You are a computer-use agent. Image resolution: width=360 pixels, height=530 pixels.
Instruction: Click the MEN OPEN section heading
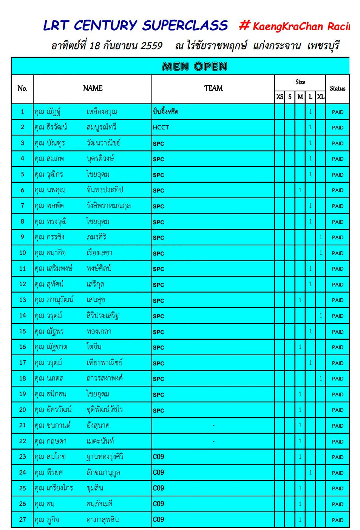(195, 66)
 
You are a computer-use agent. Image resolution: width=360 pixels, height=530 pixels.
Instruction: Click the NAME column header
(93, 88)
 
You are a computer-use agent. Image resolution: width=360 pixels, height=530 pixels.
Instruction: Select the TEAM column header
(213, 88)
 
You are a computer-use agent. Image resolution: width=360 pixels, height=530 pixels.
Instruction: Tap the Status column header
(337, 89)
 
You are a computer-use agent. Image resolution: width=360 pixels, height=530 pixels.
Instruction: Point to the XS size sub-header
(280, 97)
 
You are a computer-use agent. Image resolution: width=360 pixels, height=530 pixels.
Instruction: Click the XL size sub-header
(320, 97)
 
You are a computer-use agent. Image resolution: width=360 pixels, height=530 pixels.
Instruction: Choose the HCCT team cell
(161, 128)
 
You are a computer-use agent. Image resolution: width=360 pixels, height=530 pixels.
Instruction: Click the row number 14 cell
(22, 316)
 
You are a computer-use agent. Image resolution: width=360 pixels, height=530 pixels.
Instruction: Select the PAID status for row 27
(337, 520)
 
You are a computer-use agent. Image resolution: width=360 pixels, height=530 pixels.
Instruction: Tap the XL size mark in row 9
(321, 237)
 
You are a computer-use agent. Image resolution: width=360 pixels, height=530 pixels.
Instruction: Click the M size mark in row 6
(300, 190)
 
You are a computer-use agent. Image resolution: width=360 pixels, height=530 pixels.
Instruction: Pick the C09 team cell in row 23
(159, 457)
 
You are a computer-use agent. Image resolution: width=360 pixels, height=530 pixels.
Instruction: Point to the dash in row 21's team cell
(213, 426)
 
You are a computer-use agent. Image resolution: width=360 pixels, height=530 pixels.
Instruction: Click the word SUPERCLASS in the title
(185, 26)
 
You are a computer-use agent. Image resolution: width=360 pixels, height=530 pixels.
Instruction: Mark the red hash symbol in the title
(244, 26)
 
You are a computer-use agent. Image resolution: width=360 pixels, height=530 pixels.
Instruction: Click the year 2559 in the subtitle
(151, 46)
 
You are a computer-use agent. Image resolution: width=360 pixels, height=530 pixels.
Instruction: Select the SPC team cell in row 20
(159, 410)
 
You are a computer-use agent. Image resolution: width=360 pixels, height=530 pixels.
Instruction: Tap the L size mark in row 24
(310, 473)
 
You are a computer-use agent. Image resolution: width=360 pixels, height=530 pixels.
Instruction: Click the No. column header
(22, 89)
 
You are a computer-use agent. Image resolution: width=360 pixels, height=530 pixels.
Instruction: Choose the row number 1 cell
(22, 112)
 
